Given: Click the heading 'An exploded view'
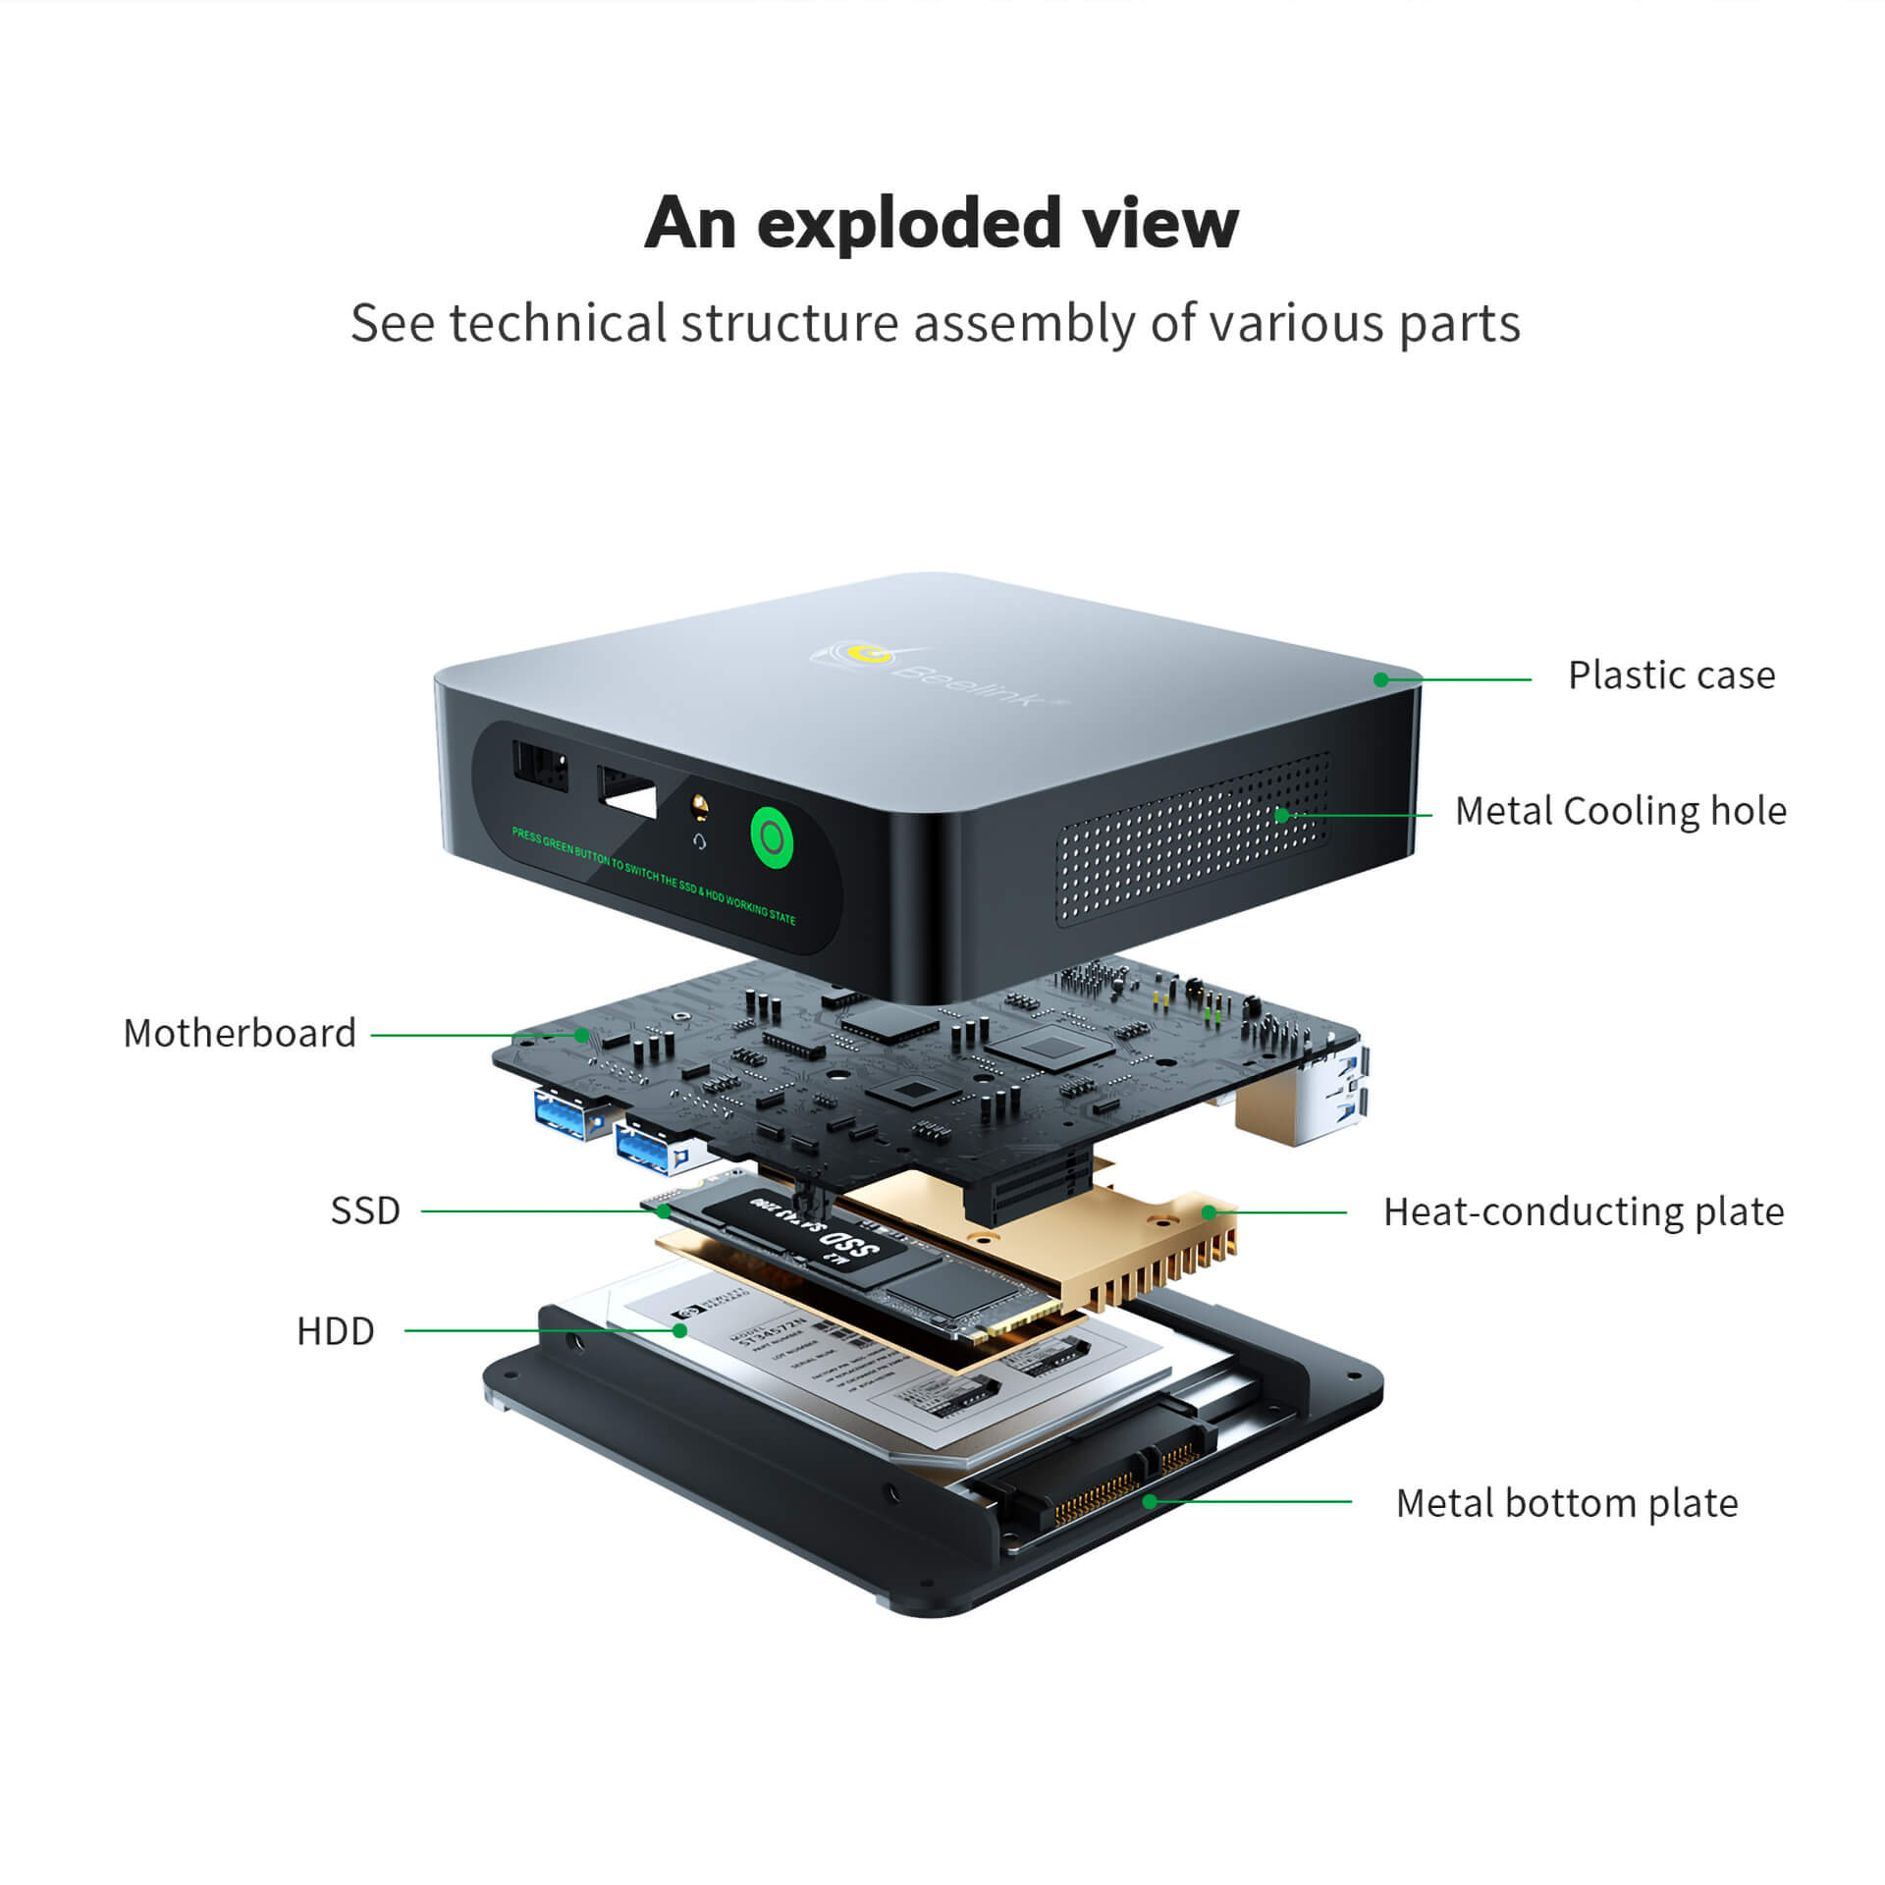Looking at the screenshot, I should click(942, 224).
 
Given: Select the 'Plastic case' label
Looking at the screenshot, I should click(1671, 675).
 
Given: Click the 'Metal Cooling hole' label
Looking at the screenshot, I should click(1620, 811).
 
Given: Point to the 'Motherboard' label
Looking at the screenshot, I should click(240, 1033).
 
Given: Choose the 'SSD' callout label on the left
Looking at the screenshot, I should click(365, 1211).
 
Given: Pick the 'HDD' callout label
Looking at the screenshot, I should click(336, 1331).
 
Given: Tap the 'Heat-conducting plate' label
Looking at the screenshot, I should click(1583, 1212).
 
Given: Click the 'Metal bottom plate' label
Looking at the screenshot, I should click(1567, 1503).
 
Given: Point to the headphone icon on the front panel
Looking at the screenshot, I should click(699, 841).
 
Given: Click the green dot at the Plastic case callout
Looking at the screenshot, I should click(1380, 679).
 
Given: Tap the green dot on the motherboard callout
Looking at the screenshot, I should click(582, 1035).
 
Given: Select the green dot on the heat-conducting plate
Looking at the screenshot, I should click(1210, 1212).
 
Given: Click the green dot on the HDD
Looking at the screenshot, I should click(679, 1330).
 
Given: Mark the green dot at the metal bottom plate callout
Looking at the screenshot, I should click(1149, 1501).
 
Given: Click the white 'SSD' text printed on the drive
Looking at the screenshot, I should click(848, 1243).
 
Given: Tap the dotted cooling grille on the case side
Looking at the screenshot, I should click(1193, 839).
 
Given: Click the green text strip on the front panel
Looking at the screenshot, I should click(653, 875).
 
